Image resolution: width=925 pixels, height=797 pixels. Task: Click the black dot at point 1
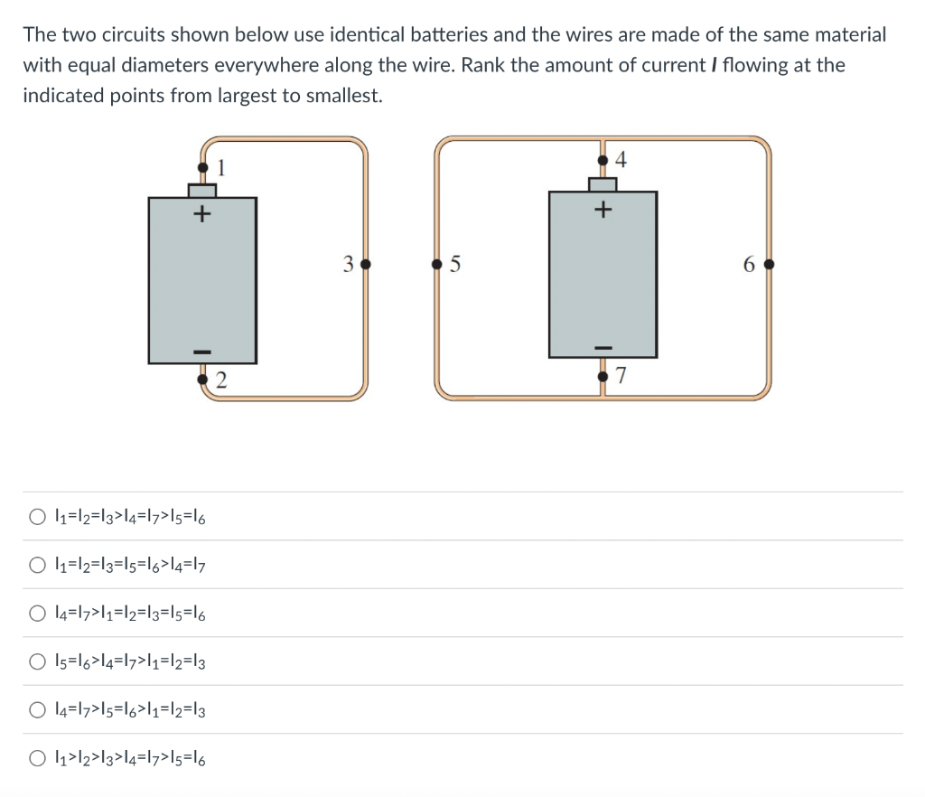(202, 167)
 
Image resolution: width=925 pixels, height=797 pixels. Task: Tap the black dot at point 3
(365, 266)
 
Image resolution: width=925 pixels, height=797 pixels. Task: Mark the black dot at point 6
(768, 266)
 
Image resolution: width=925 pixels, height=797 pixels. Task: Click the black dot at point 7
(603, 374)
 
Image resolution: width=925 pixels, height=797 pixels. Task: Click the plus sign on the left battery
(202, 215)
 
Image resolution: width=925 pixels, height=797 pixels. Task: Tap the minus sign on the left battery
(202, 350)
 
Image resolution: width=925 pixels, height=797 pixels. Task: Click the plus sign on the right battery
(603, 210)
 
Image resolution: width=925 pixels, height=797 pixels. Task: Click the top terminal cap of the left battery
(202, 190)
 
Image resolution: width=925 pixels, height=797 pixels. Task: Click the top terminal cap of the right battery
(603, 184)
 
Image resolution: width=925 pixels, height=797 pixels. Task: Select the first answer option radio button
(36, 518)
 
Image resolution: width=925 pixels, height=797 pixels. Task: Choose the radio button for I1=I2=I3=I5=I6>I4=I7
(36, 566)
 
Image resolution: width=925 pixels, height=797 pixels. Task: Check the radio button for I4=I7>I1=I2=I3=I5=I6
(36, 614)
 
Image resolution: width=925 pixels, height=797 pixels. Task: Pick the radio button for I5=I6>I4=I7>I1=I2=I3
(36, 662)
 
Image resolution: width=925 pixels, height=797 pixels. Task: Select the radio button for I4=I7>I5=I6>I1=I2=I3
(36, 710)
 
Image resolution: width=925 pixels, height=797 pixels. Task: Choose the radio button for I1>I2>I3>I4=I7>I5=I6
(36, 759)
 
